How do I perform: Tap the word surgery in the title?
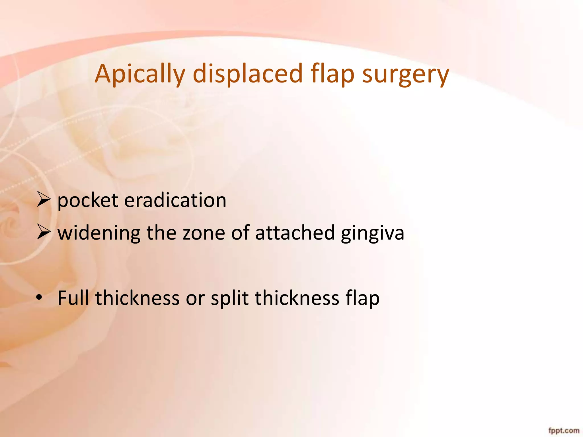pos(405,75)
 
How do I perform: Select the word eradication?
pos(175,200)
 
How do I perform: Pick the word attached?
pos(295,233)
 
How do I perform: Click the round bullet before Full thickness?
pos(39,298)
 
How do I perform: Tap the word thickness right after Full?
pos(137,298)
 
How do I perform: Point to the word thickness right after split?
pos(297,298)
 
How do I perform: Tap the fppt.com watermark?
pos(564,430)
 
